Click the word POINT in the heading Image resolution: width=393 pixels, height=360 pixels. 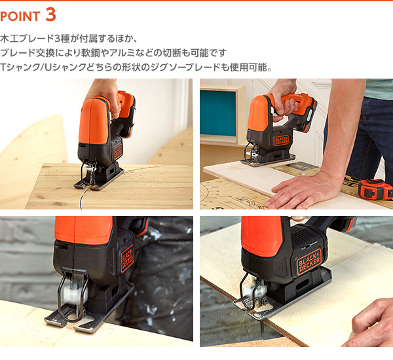coord(20,16)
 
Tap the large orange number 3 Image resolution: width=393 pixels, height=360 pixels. coord(51,15)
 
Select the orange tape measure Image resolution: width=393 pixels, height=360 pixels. coord(375,189)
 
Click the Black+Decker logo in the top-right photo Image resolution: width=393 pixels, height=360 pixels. coord(282,140)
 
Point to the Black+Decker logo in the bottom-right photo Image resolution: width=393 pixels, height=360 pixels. coord(309,261)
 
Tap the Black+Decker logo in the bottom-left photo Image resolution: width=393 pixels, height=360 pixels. coord(128,259)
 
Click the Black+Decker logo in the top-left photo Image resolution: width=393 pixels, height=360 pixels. coord(118,152)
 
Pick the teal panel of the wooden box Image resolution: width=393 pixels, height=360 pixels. coord(218,113)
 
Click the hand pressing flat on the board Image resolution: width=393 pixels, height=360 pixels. coord(302,192)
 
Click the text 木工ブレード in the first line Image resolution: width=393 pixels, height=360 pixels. coord(27,39)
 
